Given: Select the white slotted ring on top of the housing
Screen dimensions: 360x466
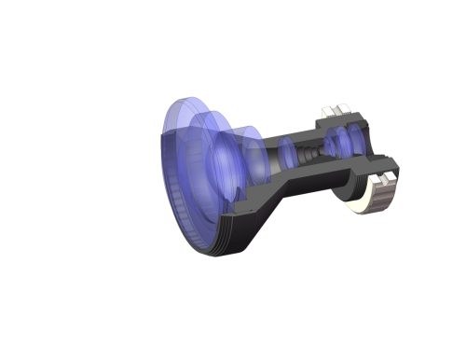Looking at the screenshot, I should pos(334,113).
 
